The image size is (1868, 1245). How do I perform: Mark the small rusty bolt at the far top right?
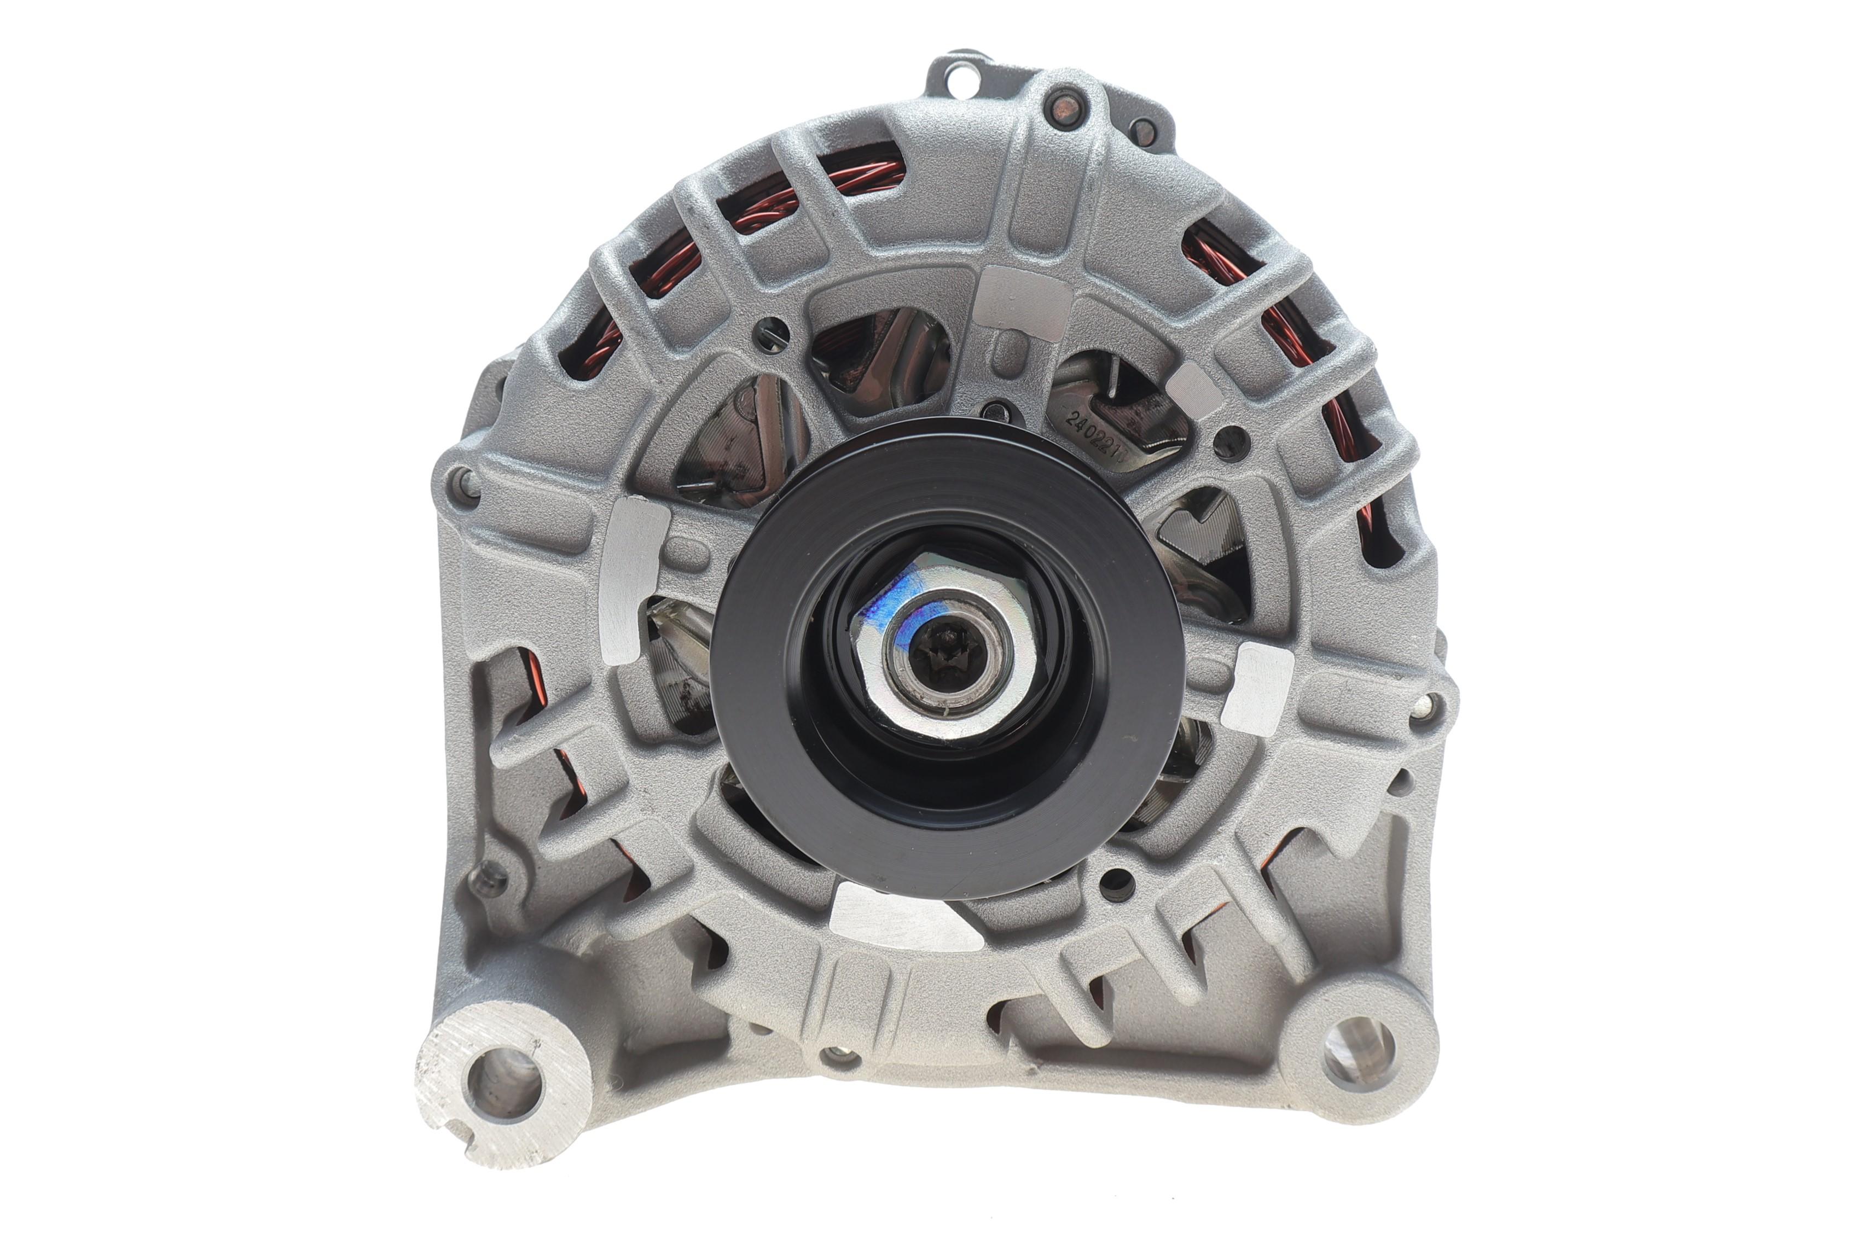[x=1144, y=131]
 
